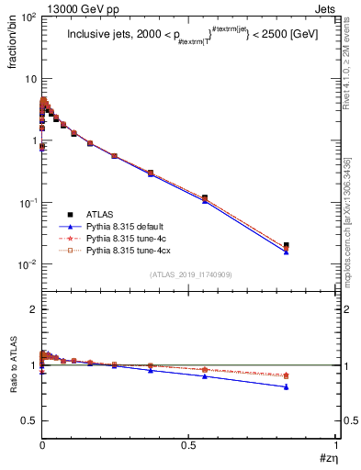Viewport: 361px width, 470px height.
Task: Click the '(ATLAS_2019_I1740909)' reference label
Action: [190, 274]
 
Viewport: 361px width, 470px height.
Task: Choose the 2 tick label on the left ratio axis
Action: [32, 309]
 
